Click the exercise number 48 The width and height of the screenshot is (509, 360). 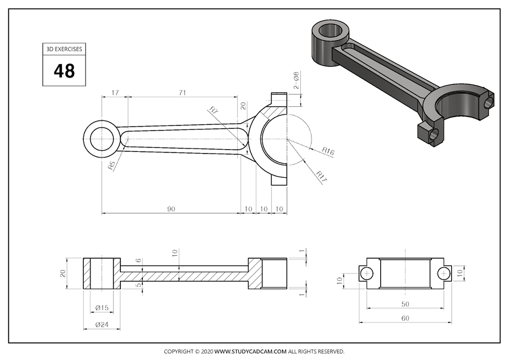click(64, 71)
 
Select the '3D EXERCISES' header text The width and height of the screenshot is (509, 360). click(64, 49)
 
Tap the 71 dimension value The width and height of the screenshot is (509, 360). click(182, 92)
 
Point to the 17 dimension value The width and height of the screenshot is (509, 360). click(115, 92)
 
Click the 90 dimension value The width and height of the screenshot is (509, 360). click(171, 209)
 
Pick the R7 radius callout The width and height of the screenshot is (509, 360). click(214, 110)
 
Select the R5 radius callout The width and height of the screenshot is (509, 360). click(111, 165)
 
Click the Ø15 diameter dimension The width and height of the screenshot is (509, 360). click(102, 307)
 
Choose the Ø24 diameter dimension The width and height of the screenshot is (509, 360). click(102, 325)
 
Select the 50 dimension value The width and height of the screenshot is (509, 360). click(405, 304)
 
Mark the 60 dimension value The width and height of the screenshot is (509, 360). click(405, 318)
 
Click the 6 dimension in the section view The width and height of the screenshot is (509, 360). click(138, 261)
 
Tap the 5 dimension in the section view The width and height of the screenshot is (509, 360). click(138, 285)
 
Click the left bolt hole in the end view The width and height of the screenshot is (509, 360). click(367, 274)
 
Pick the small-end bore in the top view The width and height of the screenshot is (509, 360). click(102, 138)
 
